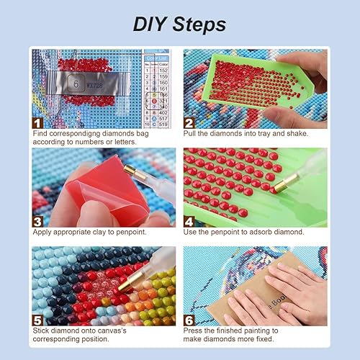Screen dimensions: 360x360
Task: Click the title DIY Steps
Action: click(179, 24)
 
